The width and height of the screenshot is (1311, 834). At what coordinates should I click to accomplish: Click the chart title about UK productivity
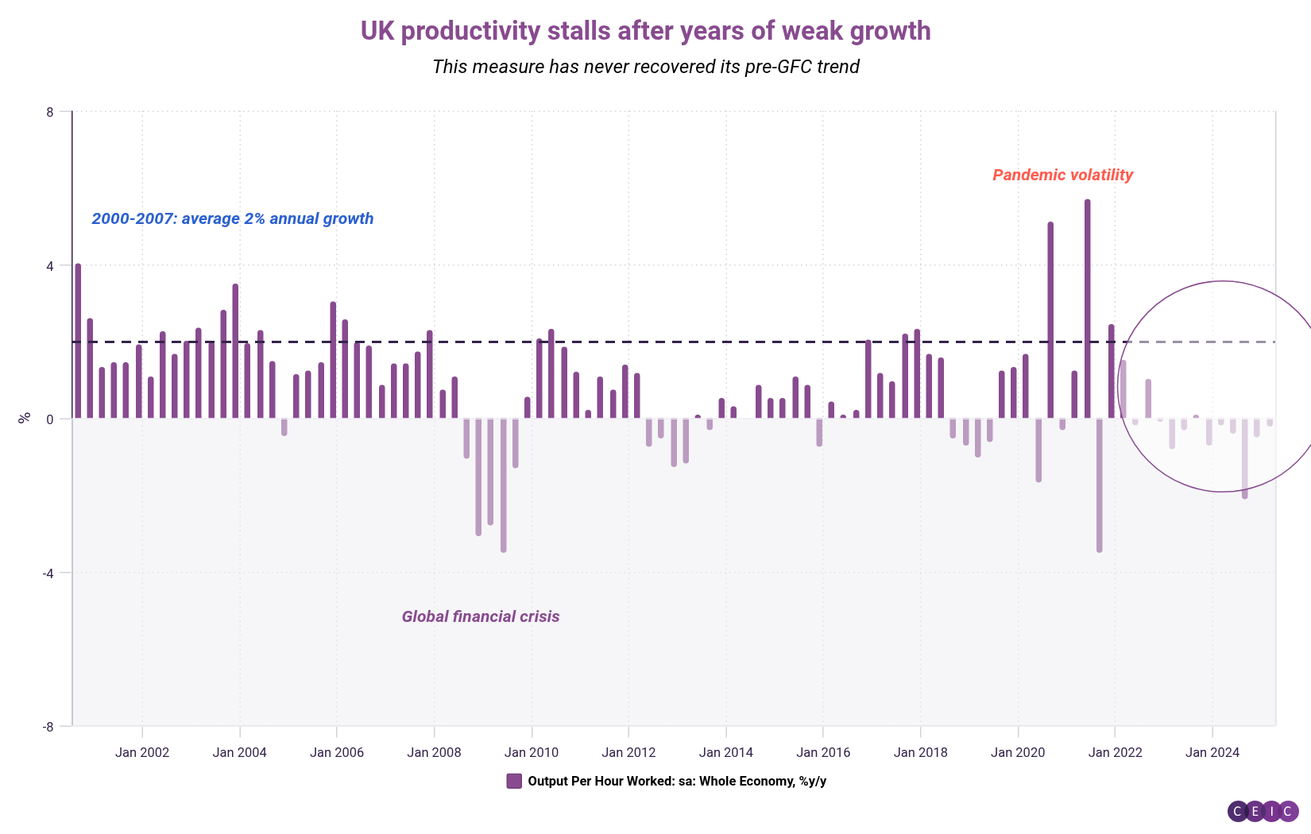point(645,31)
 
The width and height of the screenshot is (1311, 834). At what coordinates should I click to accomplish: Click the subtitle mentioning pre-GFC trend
point(645,67)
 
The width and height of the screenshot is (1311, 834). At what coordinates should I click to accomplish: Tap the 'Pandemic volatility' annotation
point(1062,175)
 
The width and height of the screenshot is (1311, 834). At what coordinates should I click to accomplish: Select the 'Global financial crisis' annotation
point(480,616)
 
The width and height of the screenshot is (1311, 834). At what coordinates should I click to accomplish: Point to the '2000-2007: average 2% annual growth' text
point(232,218)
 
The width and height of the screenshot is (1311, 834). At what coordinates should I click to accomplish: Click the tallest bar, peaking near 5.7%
point(1087,310)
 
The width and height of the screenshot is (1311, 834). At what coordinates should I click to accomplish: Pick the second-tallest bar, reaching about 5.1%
point(1050,321)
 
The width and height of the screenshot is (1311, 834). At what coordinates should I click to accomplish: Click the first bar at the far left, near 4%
point(78,342)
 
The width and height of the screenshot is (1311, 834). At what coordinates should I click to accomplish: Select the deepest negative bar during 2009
point(504,485)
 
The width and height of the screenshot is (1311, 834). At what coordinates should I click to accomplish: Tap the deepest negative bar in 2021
point(1099,485)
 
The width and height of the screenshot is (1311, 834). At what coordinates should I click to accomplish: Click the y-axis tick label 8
point(50,112)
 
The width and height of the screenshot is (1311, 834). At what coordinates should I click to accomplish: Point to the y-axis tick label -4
point(48,573)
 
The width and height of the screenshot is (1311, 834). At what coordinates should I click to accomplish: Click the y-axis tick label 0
point(50,419)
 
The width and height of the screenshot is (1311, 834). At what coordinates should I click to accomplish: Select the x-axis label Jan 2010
point(531,752)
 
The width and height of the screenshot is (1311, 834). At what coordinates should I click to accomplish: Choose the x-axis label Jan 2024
point(1212,752)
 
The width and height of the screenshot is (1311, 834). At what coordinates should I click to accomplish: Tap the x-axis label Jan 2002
point(142,752)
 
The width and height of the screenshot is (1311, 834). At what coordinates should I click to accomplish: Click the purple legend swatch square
point(514,781)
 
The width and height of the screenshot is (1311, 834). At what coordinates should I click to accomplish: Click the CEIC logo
point(1263,811)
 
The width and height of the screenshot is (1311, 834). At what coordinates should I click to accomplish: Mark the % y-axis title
point(25,417)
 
